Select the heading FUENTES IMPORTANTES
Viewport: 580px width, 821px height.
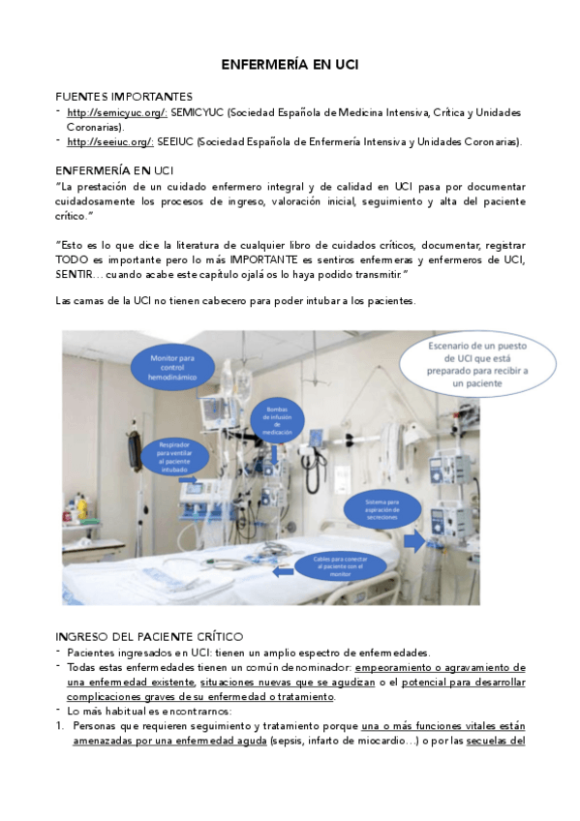pyautogui.click(x=123, y=97)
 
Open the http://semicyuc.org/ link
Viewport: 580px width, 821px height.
pyautogui.click(x=117, y=113)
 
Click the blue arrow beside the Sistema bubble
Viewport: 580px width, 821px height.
pyautogui.click(x=414, y=541)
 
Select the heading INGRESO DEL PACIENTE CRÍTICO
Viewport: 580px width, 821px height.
pyautogui.click(x=149, y=636)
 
